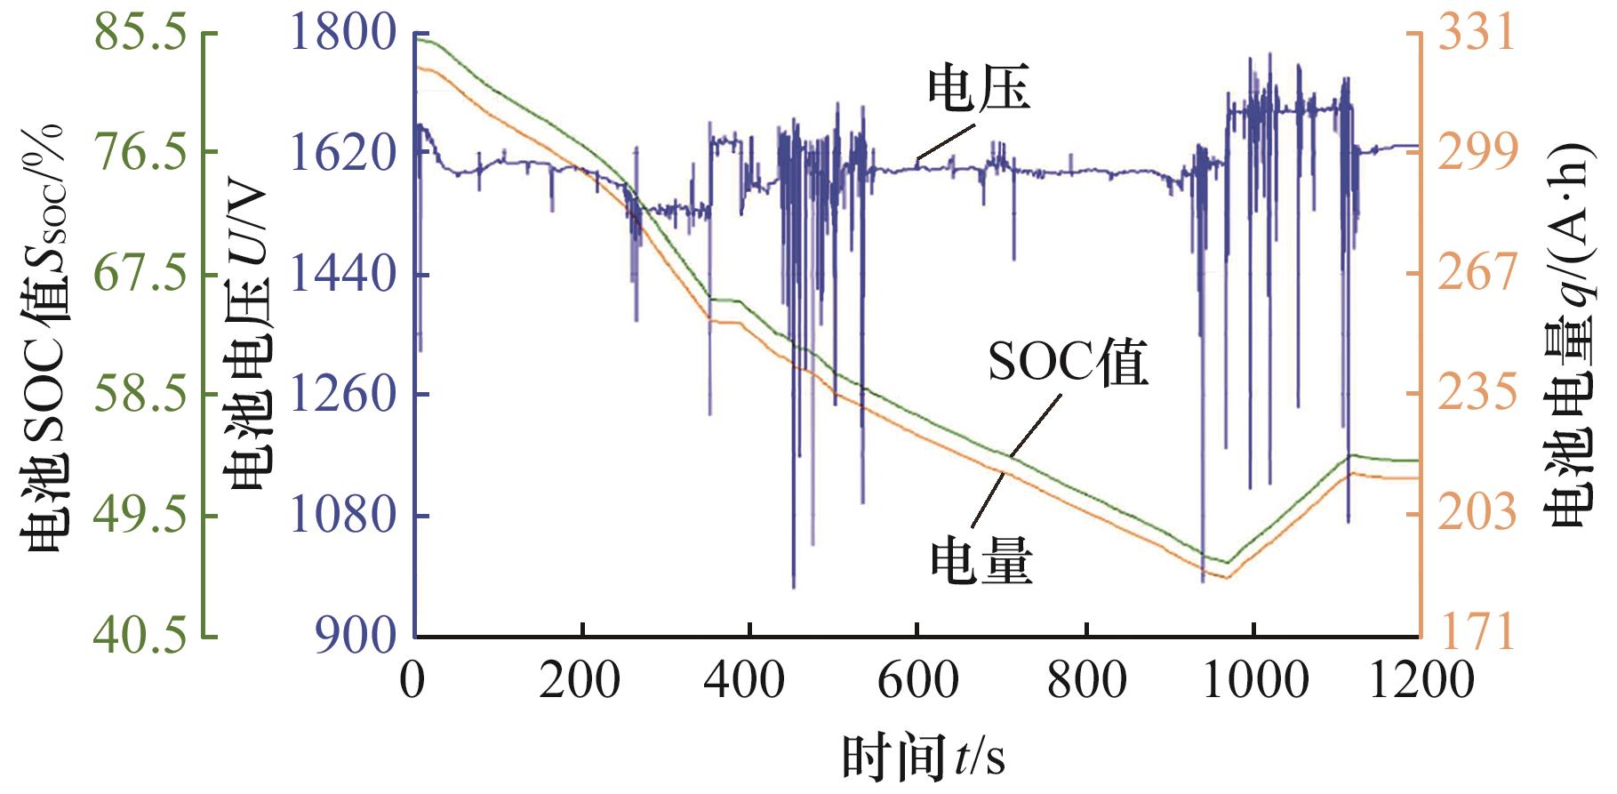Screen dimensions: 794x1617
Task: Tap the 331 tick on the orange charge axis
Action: pos(1477,33)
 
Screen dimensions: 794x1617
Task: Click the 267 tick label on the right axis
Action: pos(1477,271)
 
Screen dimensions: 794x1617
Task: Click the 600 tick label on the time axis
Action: pos(917,681)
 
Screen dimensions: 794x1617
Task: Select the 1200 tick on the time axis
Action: pos(1420,681)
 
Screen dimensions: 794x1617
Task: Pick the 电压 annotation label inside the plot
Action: pos(978,90)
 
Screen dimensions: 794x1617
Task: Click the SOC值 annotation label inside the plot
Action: pos(1067,362)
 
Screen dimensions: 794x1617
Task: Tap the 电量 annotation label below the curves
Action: pos(981,562)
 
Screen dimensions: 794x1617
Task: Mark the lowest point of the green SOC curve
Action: pos(1227,563)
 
